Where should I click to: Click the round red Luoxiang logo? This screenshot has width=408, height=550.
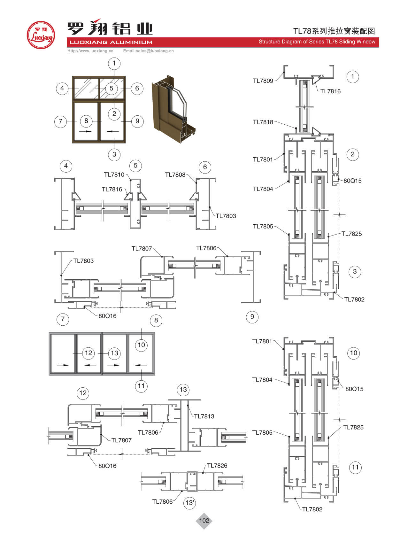(x=41, y=35)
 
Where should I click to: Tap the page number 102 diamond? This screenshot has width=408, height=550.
(x=204, y=521)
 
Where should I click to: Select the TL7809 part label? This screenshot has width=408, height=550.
(x=263, y=81)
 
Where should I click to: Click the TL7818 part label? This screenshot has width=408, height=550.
(x=263, y=122)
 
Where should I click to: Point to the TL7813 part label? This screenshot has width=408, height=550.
(x=204, y=416)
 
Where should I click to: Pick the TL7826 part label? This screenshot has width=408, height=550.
(x=217, y=466)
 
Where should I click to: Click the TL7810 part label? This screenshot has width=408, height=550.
(x=114, y=175)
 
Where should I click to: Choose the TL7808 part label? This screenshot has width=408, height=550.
(x=175, y=175)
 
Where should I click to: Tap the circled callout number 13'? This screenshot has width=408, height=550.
(x=189, y=503)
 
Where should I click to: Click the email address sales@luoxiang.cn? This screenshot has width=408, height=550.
(x=148, y=51)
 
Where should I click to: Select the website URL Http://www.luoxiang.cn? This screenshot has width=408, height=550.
(x=90, y=51)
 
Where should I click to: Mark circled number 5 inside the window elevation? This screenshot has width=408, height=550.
(x=111, y=89)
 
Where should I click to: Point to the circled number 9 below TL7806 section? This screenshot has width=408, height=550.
(x=252, y=317)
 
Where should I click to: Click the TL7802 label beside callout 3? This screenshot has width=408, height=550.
(x=354, y=299)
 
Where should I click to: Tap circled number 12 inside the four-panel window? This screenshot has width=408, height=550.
(x=89, y=353)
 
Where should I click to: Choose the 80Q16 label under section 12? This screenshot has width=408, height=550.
(x=107, y=466)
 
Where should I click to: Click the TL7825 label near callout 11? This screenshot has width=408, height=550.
(x=353, y=428)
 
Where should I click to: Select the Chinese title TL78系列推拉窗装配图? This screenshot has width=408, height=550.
(x=334, y=31)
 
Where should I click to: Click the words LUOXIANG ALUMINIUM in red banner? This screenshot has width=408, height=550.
(x=111, y=42)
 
